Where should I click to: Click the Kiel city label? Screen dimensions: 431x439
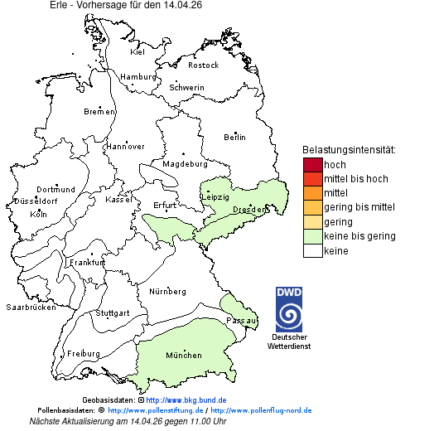137,52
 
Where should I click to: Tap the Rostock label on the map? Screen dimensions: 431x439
203,65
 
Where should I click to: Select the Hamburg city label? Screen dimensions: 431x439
138,77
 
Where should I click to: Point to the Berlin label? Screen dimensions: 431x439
234,137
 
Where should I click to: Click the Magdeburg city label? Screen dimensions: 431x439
184,164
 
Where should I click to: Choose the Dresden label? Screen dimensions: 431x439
248,210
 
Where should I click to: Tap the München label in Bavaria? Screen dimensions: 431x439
183,356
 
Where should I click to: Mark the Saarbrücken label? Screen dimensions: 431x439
31,308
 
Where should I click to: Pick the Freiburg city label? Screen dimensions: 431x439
84,354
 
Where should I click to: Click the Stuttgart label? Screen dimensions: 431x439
113,313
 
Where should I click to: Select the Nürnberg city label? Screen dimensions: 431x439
167,292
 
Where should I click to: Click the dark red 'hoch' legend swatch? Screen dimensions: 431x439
312,165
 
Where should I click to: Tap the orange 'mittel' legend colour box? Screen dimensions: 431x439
312,193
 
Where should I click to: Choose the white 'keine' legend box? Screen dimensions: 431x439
312,250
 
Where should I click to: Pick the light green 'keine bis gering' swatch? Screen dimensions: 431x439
312,236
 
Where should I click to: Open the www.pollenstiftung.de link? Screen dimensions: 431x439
156,410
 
